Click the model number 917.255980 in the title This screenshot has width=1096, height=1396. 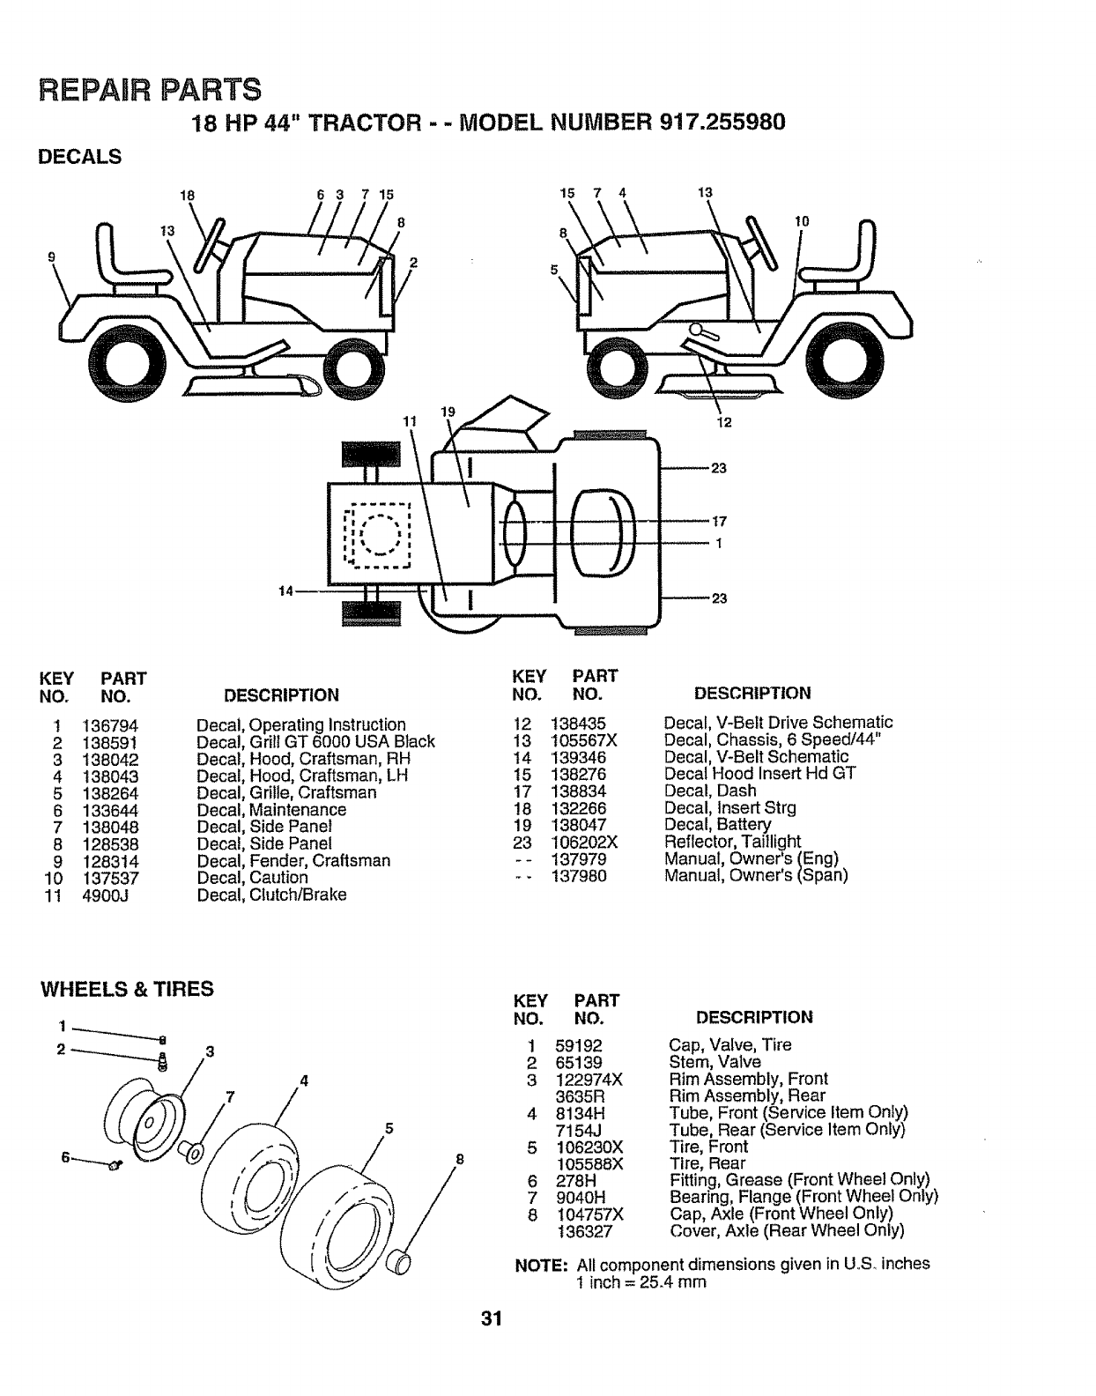(x=722, y=123)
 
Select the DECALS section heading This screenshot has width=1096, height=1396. (x=81, y=157)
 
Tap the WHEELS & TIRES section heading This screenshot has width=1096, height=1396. (x=128, y=989)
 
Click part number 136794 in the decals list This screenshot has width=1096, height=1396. (x=110, y=726)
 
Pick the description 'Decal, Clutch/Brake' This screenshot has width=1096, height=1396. (x=271, y=895)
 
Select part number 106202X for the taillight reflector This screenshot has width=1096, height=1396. (x=584, y=842)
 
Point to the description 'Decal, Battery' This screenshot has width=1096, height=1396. (x=717, y=825)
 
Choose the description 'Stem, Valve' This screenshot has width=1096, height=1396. (x=715, y=1062)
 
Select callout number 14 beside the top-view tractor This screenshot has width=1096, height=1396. (x=285, y=590)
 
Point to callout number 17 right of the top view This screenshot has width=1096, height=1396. (x=719, y=521)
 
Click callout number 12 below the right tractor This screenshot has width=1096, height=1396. (x=724, y=421)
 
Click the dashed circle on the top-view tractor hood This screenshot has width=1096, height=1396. (x=380, y=533)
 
